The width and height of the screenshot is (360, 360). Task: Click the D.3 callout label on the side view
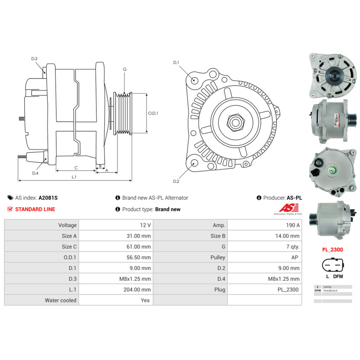(x=34, y=59)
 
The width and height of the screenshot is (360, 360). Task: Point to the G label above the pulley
(x=125, y=69)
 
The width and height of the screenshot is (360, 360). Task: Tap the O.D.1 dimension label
(x=153, y=113)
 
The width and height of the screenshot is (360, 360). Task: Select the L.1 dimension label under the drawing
(x=74, y=177)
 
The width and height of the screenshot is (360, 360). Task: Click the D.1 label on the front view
(x=176, y=63)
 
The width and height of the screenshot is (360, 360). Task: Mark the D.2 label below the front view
(x=176, y=181)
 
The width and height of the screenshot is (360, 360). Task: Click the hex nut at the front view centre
(x=235, y=122)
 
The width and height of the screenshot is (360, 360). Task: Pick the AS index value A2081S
(x=48, y=198)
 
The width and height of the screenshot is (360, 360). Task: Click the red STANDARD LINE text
(x=35, y=209)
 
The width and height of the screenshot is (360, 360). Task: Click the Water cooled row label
(x=60, y=300)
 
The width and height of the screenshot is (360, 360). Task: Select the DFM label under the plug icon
(x=338, y=276)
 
